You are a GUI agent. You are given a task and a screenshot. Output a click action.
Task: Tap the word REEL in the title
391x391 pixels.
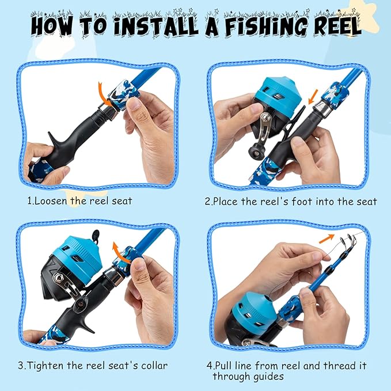329,26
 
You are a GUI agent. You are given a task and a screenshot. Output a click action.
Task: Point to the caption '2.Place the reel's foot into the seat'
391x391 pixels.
291,202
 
